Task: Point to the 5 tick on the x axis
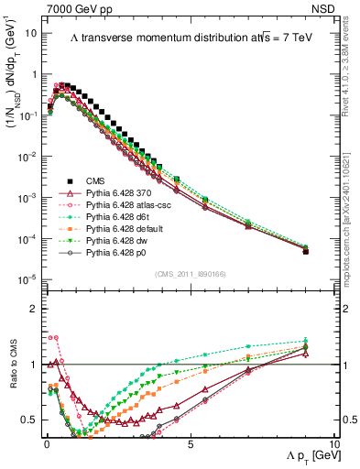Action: pyautogui.click(x=189, y=445)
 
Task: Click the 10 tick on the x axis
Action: pyautogui.click(x=333, y=445)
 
